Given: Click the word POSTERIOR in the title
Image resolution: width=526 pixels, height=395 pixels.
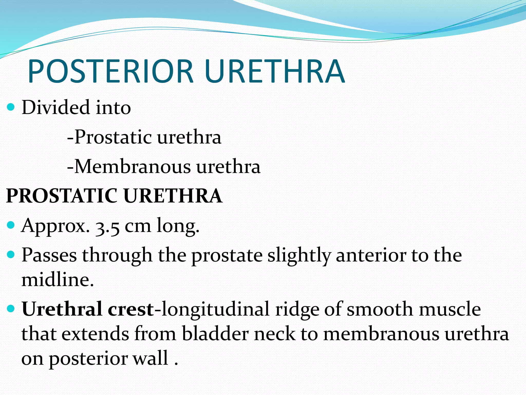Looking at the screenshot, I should coord(110,71).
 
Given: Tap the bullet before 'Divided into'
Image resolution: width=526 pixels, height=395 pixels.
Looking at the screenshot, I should coord(11,107).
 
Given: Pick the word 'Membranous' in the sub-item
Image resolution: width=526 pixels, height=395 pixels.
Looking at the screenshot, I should coord(132,167).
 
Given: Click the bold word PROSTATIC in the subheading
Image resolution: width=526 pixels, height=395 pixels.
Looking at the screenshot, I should coord(62,196).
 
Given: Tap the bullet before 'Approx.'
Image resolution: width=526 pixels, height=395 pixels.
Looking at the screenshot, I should coord(11,226).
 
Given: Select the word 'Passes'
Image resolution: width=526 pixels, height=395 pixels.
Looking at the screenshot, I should coord(49,255).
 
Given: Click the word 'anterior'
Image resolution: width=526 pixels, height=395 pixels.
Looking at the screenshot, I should coord(371,255).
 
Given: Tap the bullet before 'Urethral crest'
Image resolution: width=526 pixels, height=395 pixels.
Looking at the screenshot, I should coord(11,308).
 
